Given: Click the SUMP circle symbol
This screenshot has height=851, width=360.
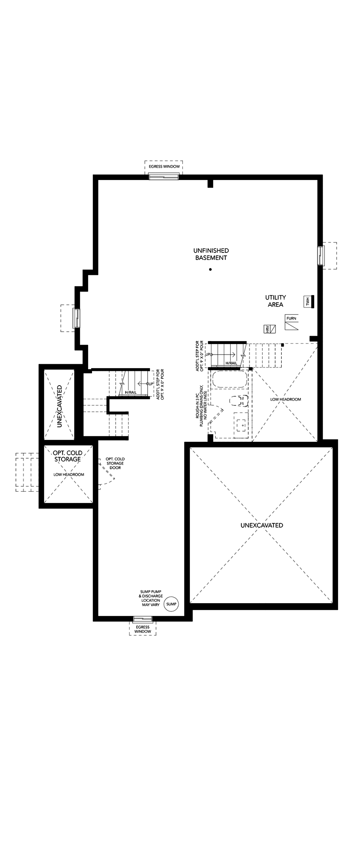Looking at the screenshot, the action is [x=171, y=604].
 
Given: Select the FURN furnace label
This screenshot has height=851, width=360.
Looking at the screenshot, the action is [x=292, y=318].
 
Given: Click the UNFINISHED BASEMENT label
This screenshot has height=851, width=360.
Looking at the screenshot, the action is [x=211, y=254].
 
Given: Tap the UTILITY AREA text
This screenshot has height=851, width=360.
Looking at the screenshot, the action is [x=276, y=301].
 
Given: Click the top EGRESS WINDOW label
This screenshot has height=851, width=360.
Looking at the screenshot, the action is [x=164, y=167].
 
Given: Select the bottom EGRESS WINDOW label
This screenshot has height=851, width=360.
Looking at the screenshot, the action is [x=143, y=629].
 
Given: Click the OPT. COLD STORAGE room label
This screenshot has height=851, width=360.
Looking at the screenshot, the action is [x=68, y=456].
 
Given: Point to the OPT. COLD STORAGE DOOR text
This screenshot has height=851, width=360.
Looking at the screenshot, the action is [x=115, y=463].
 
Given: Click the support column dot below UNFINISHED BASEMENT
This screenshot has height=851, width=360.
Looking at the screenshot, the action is [x=210, y=270].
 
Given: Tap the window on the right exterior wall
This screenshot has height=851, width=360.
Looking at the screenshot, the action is [x=320, y=255].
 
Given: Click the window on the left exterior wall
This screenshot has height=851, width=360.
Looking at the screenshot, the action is [x=77, y=318].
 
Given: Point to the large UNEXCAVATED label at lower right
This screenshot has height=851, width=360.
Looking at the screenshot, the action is [x=261, y=525].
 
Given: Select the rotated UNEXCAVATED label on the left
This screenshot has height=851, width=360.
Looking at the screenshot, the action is [x=60, y=406].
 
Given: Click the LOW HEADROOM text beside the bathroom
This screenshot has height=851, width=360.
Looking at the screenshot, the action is [x=286, y=399].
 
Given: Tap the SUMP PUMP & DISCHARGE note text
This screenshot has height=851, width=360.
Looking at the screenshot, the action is [x=151, y=598].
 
